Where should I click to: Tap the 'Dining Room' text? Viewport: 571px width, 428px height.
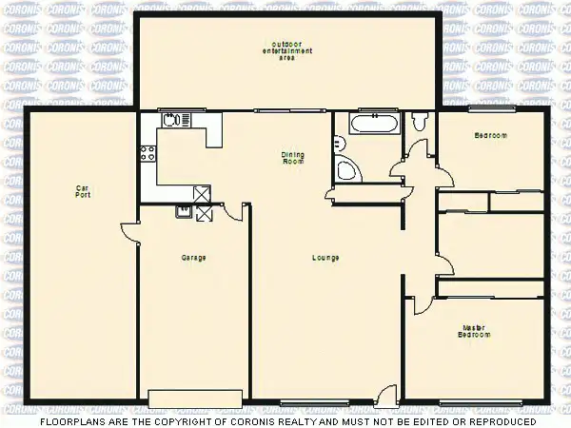click(292, 158)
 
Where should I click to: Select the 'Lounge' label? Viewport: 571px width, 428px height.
click(325, 258)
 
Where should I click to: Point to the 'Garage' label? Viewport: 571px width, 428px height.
click(194, 258)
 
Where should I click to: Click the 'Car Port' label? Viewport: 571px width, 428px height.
click(83, 191)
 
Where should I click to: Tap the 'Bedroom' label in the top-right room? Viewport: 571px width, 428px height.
click(491, 136)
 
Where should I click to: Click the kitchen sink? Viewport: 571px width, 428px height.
click(172, 121)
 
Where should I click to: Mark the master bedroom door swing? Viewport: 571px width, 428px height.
click(421, 302)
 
